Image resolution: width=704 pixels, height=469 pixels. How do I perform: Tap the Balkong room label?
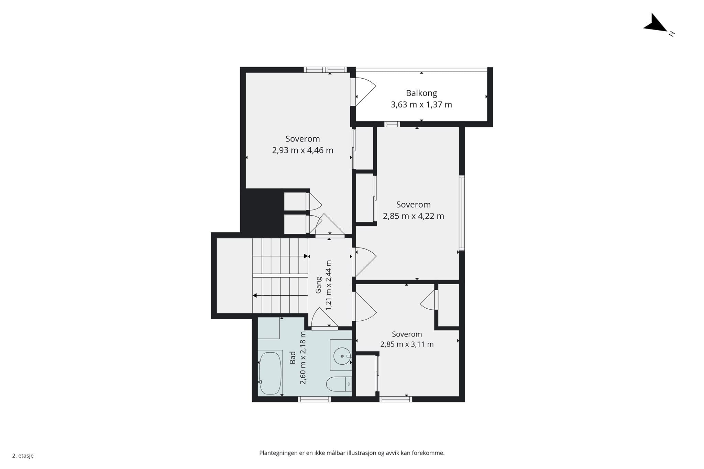(x=421, y=93)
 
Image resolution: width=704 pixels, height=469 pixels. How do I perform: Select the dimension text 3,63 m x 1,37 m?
(x=421, y=105)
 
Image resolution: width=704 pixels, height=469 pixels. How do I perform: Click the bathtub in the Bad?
(x=270, y=373)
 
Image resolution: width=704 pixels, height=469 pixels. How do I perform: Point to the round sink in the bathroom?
(x=342, y=356)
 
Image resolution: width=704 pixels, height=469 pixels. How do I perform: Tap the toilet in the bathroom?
(x=339, y=384)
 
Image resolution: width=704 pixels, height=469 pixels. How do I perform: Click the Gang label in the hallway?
(x=319, y=285)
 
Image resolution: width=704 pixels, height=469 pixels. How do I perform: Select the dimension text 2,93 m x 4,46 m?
(x=302, y=150)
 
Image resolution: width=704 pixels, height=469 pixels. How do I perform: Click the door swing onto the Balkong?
(x=366, y=92)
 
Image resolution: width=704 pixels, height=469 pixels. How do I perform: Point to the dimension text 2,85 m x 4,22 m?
(x=414, y=216)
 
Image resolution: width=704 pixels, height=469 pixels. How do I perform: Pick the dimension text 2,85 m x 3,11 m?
(x=407, y=344)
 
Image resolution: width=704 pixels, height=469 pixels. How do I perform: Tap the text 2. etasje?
(x=23, y=456)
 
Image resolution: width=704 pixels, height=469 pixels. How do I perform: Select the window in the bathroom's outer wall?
(x=314, y=399)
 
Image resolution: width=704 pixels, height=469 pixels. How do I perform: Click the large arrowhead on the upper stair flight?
(x=306, y=256)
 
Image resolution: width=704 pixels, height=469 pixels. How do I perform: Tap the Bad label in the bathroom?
(x=293, y=357)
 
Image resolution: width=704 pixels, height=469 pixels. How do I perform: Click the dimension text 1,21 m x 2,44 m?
(x=328, y=285)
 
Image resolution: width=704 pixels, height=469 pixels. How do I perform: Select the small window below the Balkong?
(x=392, y=124)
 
